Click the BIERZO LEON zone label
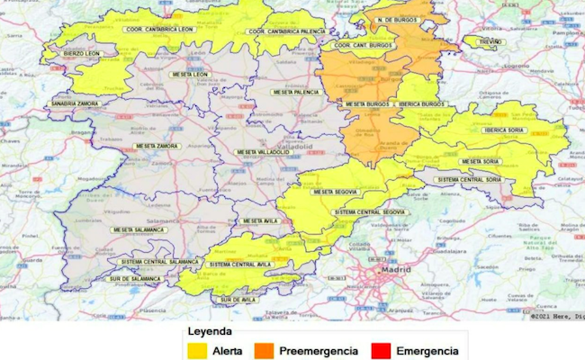(82, 53)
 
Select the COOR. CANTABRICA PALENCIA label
(287, 31)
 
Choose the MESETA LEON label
(188, 74)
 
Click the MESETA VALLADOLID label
(263, 152)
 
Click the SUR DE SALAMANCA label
(130, 280)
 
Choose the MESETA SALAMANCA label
(139, 229)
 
